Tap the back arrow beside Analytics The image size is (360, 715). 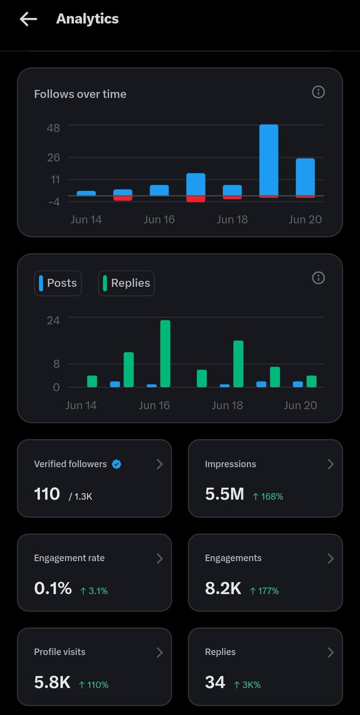tap(29, 19)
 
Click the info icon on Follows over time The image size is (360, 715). tap(318, 92)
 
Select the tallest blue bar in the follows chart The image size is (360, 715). tap(269, 160)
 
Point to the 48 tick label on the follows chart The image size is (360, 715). tap(53, 128)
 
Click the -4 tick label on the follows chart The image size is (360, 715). tap(54, 202)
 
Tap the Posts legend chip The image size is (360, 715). tap(58, 283)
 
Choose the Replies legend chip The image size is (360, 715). tap(126, 283)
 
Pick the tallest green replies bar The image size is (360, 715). tap(165, 354)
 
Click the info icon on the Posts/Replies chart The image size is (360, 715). tap(318, 278)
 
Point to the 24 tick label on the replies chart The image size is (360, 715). tap(53, 320)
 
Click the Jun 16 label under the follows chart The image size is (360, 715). tap(159, 220)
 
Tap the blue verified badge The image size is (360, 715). tap(117, 464)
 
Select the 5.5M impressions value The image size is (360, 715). tap(225, 494)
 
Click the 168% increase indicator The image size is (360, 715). tap(268, 496)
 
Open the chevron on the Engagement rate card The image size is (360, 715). tap(160, 558)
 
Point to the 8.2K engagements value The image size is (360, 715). tap(223, 588)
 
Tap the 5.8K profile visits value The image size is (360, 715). tap(52, 682)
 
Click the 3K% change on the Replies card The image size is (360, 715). tap(247, 685)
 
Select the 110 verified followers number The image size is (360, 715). tap(47, 494)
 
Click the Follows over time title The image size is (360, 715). tap(80, 94)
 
